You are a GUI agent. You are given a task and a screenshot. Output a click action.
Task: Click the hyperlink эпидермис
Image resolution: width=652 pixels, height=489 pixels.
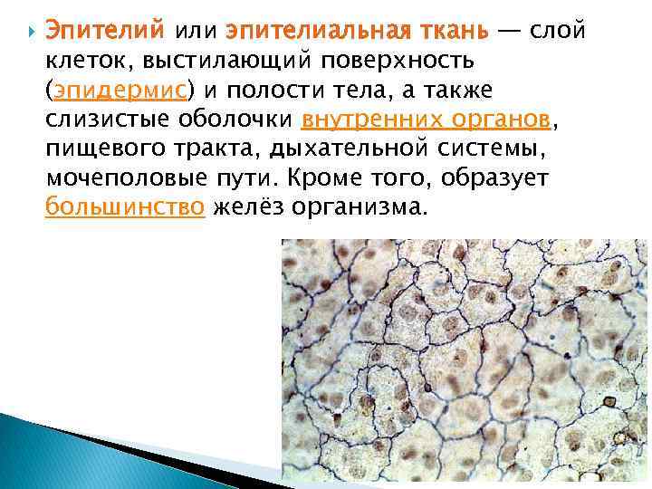[120, 91]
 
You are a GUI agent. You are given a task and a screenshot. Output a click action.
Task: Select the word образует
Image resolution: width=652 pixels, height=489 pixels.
[512, 178]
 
